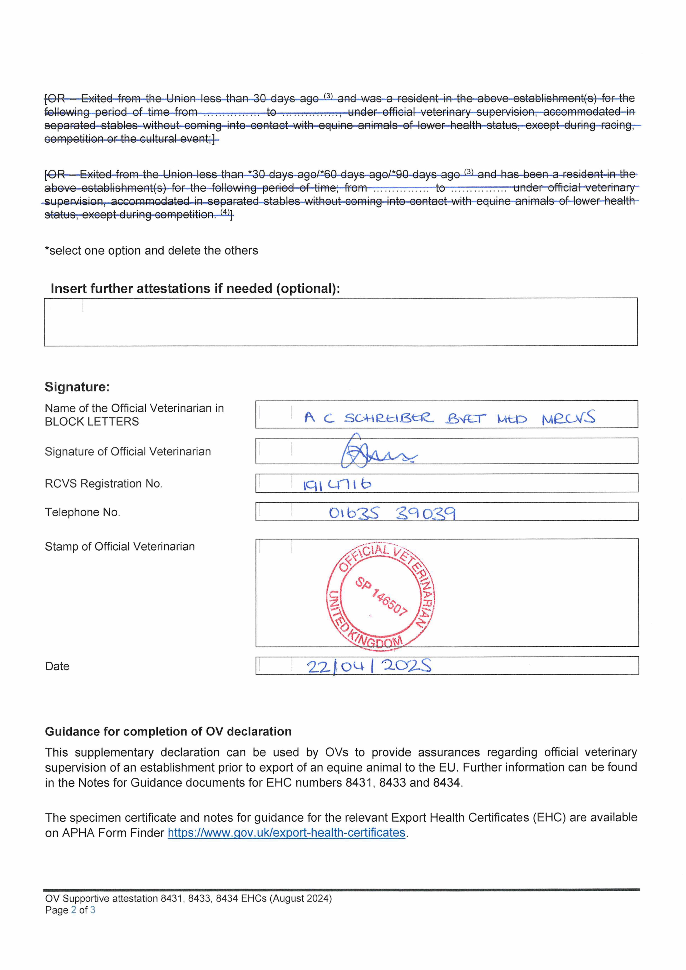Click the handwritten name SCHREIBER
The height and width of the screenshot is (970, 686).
pos(388,418)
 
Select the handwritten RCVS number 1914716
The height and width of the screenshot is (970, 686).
pos(337,484)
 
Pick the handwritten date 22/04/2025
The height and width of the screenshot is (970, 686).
pos(369,666)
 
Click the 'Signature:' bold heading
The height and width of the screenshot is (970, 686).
pos(77,387)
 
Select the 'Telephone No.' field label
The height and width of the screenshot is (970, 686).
pos(82,512)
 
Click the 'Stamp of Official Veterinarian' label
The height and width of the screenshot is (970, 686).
pos(120,546)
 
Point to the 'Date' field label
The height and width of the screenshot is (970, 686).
pos(57,666)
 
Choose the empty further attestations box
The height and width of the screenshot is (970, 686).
pos(341,322)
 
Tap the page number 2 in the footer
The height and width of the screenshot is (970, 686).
pos(74,910)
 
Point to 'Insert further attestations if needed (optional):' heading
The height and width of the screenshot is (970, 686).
pos(195,288)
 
